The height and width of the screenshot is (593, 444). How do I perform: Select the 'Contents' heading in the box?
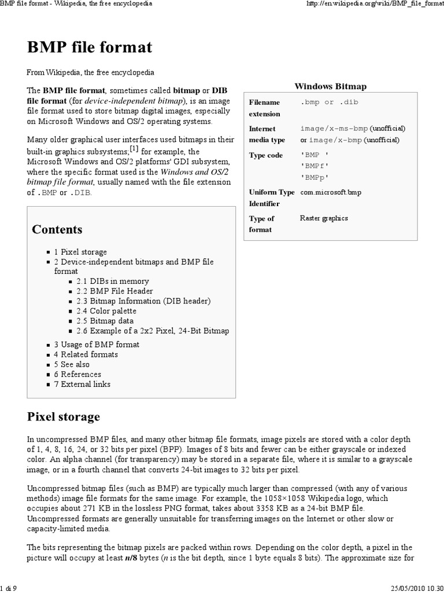pos(57,229)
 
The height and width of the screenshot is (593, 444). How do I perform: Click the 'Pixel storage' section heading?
pos(64,416)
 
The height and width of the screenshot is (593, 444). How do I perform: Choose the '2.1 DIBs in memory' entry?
pos(112,281)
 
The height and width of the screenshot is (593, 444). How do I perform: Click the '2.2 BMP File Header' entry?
pos(114,291)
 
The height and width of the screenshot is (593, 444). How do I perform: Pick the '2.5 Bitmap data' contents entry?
pos(105,321)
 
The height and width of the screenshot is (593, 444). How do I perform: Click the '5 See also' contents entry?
pos(72,364)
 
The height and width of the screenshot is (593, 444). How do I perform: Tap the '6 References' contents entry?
pos(77,374)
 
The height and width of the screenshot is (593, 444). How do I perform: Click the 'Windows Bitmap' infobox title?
pos(331,86)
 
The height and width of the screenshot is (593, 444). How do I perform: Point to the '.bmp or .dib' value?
pos(325,103)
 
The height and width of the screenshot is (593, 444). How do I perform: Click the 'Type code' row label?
pos(266,155)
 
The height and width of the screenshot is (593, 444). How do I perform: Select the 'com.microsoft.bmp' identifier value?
pos(331,192)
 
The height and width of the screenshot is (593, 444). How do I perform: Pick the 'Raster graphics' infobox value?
pos(324,218)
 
